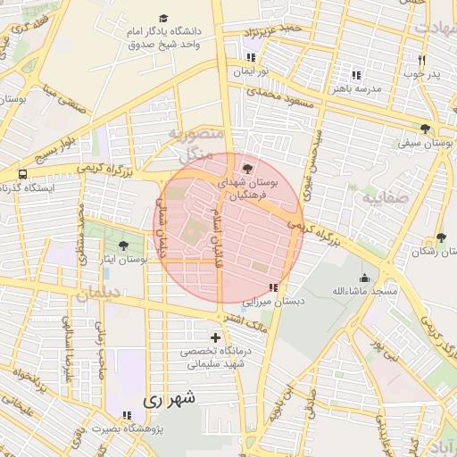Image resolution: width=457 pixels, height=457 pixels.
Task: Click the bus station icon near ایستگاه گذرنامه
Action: (22, 174)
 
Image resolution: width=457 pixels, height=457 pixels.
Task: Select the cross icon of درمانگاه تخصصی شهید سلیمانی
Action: (214, 337)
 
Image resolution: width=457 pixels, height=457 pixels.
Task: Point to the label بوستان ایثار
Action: (144, 260)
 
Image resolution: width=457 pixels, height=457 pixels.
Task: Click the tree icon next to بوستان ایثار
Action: (122, 245)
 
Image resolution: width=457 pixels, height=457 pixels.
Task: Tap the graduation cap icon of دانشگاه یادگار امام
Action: (162, 18)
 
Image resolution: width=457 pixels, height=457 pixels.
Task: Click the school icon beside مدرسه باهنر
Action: (356, 75)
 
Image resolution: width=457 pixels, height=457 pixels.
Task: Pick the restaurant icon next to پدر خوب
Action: (420, 60)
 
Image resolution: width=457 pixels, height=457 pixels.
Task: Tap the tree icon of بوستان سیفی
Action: (425, 128)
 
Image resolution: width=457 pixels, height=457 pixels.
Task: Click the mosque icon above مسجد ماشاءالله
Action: (364, 278)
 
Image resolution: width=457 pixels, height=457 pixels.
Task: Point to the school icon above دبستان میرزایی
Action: (272, 287)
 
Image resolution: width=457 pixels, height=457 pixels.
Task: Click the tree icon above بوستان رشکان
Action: (441, 237)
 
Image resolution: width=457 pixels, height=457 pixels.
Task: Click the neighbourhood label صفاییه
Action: (385, 198)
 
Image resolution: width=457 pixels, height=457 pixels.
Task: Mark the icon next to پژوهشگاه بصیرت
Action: (126, 415)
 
